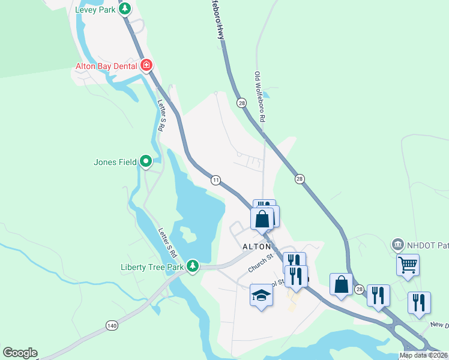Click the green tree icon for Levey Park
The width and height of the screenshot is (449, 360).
click(125, 9)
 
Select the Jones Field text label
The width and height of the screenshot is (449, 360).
click(115, 162)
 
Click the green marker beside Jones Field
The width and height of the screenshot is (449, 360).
click(145, 161)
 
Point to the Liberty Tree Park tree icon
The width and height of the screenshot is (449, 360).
click(192, 265)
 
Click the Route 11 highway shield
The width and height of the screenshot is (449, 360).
click(215, 179)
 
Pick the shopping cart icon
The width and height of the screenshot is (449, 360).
click(408, 265)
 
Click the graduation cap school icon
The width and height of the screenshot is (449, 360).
click(261, 295)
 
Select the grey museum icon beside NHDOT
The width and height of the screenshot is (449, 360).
click(397, 244)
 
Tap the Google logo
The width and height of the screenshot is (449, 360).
click(20, 353)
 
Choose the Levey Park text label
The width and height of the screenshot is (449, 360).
click(95, 10)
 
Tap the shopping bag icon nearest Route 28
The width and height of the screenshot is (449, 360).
click(341, 284)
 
